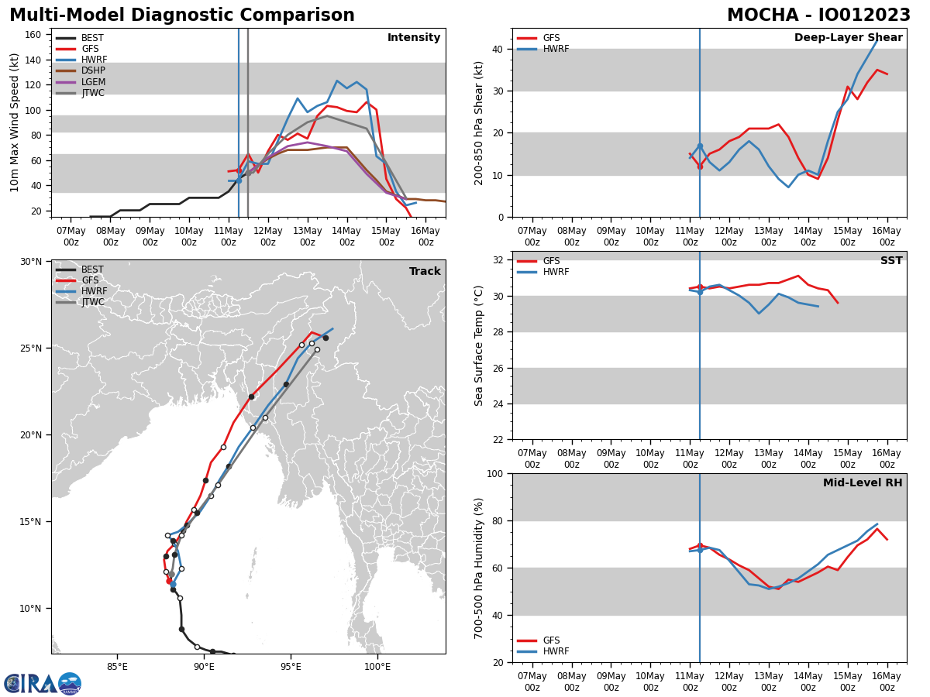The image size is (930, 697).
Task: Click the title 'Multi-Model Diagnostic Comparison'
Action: pos(181,15)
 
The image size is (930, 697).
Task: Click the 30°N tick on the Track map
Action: pos(31,262)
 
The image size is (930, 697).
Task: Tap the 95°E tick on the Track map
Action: pos(291,667)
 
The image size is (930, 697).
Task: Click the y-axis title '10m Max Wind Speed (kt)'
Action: pos(15,122)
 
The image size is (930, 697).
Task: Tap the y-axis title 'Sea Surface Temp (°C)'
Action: pos(480,345)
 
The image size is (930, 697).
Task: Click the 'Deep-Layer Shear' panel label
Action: pos(848,38)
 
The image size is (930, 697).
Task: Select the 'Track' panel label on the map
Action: pos(425,272)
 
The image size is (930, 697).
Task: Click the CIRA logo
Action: pos(43,684)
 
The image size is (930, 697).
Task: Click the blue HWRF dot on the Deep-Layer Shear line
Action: pos(700,146)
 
